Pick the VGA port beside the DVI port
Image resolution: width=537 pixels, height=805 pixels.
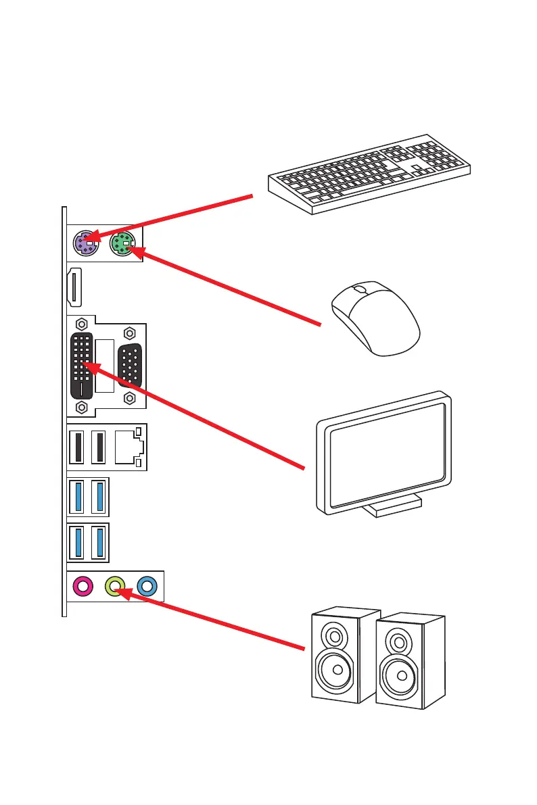130,366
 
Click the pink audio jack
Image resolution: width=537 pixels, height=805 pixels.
83,586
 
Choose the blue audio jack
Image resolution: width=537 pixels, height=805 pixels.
147,586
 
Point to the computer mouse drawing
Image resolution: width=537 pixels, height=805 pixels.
375,318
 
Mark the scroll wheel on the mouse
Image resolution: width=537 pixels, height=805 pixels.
360,289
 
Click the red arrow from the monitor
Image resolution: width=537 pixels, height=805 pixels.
203,419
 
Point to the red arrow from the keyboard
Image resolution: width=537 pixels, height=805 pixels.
176,216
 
